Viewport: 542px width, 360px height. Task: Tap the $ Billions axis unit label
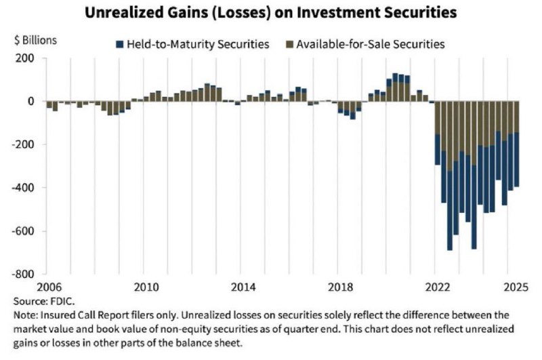tap(35, 39)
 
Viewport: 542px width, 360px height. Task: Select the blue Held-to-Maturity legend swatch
tap(120, 44)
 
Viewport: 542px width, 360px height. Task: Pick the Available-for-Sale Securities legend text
tap(383, 44)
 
